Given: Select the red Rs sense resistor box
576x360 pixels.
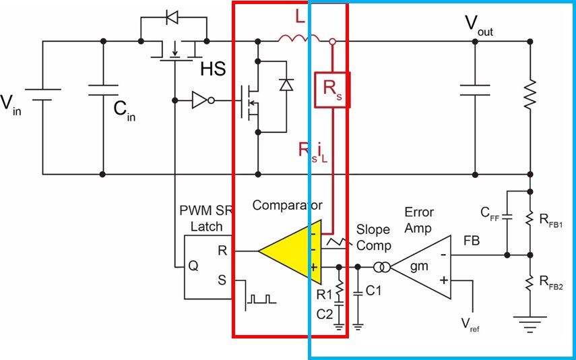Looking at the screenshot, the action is (332, 90).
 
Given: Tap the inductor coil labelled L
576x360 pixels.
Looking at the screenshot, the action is (298, 38).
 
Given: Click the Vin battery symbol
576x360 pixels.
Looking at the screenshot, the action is (43, 94).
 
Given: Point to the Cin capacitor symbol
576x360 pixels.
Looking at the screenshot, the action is (103, 90).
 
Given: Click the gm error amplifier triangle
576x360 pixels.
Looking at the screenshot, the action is (421, 267).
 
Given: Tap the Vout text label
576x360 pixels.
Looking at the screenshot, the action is (479, 26).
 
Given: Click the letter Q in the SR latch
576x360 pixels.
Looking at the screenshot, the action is (193, 266).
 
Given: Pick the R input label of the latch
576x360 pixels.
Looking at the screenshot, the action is (222, 251).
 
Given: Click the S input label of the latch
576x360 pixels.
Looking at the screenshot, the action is (222, 280).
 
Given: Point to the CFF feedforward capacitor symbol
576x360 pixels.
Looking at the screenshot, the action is (507, 216).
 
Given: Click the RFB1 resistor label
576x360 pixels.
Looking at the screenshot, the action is (551, 220).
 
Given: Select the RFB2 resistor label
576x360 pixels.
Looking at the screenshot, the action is (551, 282).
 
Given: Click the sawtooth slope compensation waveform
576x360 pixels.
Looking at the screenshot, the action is (336, 243).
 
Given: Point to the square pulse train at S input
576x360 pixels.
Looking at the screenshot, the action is (261, 299).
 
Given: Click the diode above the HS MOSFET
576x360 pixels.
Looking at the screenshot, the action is (172, 17).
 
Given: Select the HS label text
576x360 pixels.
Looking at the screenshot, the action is (213, 69).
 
